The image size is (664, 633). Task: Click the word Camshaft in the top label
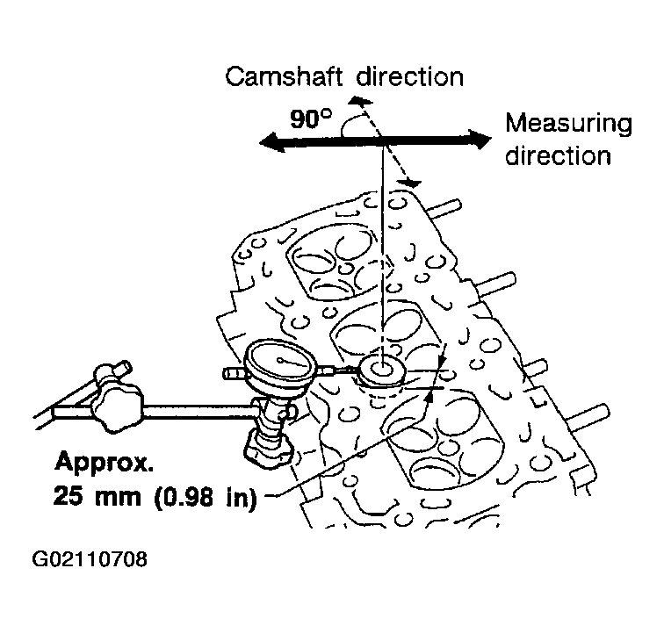284,76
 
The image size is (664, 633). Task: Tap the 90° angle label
311,119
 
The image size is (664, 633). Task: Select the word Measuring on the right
569,125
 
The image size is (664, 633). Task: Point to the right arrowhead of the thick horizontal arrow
480,140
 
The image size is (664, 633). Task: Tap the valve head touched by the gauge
381,370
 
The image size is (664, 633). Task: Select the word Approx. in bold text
105,462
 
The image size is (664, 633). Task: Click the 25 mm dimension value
97,495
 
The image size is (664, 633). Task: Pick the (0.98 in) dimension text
206,496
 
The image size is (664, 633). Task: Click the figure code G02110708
90,559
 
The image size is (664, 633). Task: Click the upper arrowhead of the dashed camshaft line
359,101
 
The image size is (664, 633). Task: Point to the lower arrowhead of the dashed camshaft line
409,183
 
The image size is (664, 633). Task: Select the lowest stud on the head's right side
589,417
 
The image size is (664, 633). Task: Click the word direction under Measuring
558,155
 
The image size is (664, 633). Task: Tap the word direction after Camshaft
410,76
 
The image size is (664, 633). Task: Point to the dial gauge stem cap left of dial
234,373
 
